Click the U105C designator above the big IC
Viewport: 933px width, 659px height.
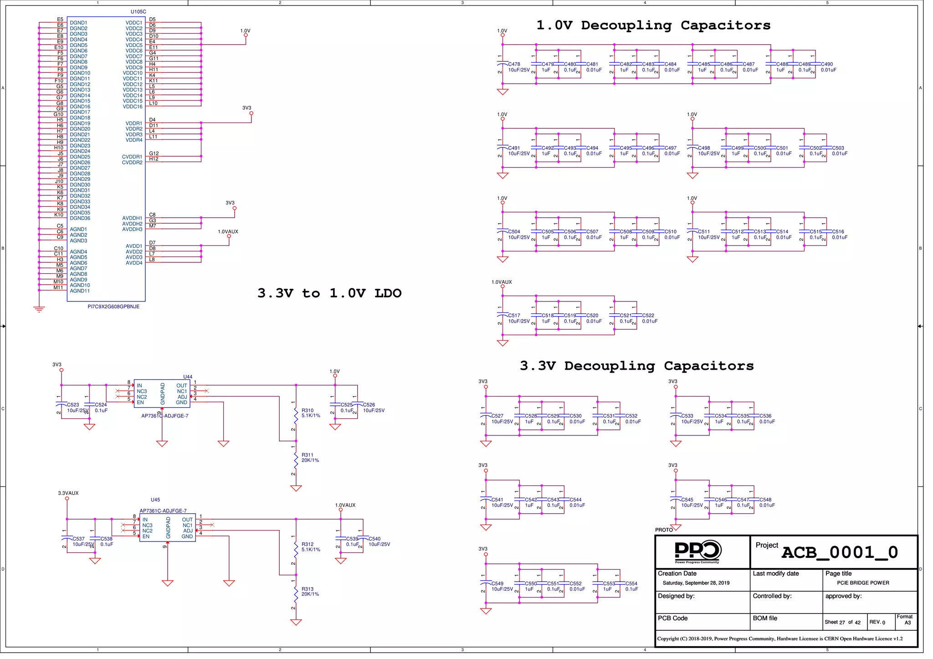pyautogui.click(x=138, y=12)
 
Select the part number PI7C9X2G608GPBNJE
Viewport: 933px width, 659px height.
pyautogui.click(x=113, y=307)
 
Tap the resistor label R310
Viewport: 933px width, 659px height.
pyautogui.click(x=308, y=410)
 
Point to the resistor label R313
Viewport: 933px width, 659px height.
pyautogui.click(x=308, y=589)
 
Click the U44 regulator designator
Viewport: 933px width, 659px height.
pyautogui.click(x=188, y=377)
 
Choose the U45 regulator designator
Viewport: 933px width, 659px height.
pyautogui.click(x=155, y=500)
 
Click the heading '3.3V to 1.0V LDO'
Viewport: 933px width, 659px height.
pyautogui.click(x=329, y=293)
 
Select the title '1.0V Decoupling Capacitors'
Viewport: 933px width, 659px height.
pyautogui.click(x=653, y=26)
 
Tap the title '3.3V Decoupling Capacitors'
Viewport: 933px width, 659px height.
pyautogui.click(x=636, y=366)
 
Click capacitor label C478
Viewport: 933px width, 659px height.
pyautogui.click(x=514, y=64)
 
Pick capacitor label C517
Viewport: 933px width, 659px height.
pyautogui.click(x=514, y=315)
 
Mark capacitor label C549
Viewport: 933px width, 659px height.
pyautogui.click(x=497, y=583)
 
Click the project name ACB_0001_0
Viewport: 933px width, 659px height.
pyautogui.click(x=840, y=552)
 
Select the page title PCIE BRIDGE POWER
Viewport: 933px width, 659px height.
pyautogui.click(x=863, y=583)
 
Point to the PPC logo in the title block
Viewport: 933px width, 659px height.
pyautogui.click(x=697, y=551)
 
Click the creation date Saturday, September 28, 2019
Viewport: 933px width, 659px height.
pyautogui.click(x=696, y=583)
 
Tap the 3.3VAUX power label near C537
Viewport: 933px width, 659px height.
pyautogui.click(x=68, y=493)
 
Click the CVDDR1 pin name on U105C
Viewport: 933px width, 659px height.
pyautogui.click(x=132, y=157)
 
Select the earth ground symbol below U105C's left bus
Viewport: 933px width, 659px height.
pyautogui.click(x=39, y=310)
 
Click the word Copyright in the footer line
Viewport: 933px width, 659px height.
pyautogui.click(x=668, y=639)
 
